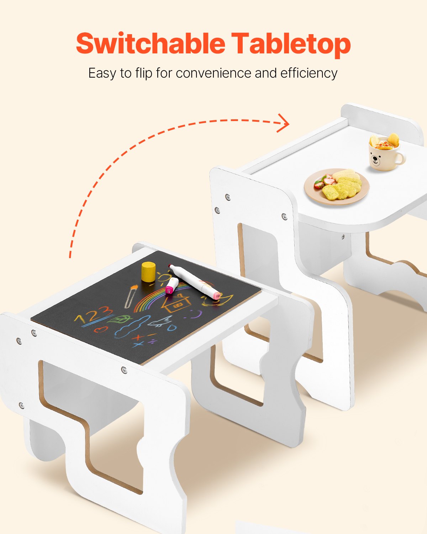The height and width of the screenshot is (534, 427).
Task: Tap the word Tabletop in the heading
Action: point(291,44)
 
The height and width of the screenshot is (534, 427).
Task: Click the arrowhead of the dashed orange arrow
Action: point(284,123)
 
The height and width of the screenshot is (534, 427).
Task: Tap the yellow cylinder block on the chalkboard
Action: point(149,271)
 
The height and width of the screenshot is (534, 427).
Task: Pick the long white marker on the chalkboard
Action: point(194,281)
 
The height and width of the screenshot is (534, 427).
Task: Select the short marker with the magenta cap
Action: point(172,286)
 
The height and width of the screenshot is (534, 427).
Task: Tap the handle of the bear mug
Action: point(401,159)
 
